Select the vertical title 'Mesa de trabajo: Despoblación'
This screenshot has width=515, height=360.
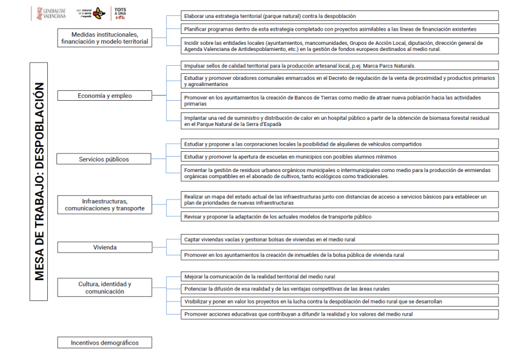(39, 181)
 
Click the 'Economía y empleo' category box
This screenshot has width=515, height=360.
(104, 96)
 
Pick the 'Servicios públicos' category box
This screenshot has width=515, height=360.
(104, 159)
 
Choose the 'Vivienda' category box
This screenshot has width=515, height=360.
(104, 247)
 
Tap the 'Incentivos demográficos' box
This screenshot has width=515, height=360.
(104, 343)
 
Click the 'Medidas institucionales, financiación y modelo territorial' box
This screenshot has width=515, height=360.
(104, 38)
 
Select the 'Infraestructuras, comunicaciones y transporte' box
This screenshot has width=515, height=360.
(104, 205)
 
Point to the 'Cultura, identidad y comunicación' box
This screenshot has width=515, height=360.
(104, 288)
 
